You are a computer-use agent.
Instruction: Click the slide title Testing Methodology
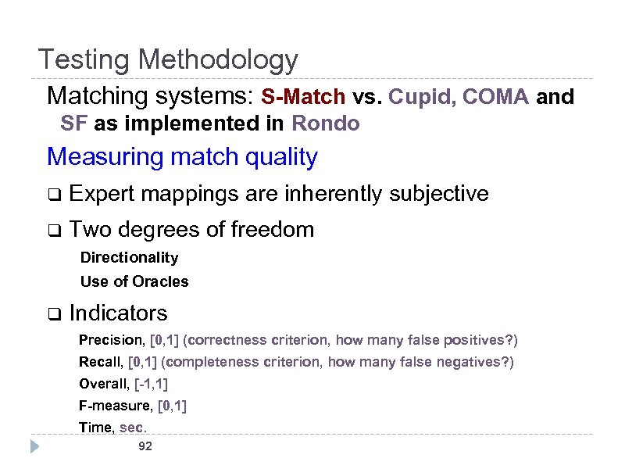[x=168, y=59]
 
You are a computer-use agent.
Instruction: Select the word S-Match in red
[x=303, y=97]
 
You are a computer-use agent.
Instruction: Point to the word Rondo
[x=326, y=124]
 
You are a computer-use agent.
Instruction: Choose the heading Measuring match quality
[x=182, y=157]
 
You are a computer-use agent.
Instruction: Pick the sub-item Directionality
[x=129, y=257]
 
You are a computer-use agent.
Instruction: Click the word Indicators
[x=118, y=313]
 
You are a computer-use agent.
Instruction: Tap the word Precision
[x=101, y=341]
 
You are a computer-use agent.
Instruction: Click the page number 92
[x=145, y=446]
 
